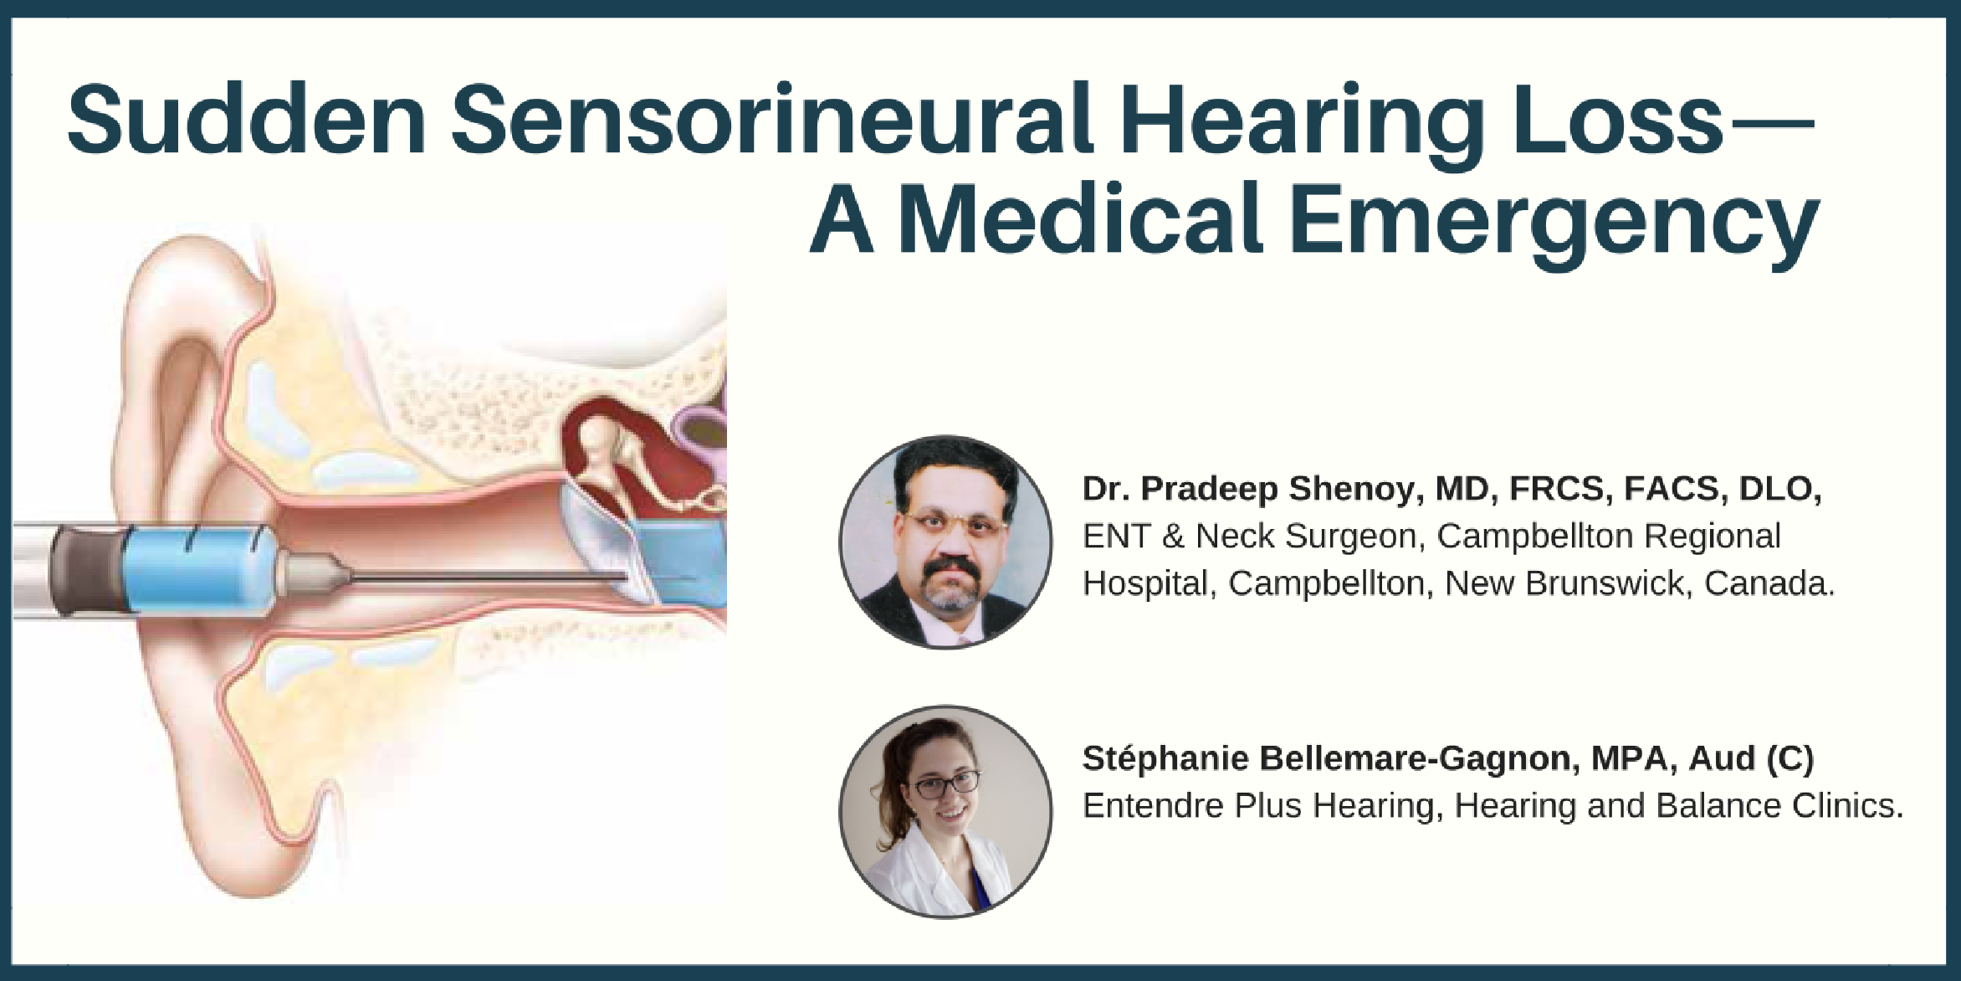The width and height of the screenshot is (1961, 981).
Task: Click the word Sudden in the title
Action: pos(247,120)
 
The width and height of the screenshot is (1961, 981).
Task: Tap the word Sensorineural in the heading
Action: pos(772,120)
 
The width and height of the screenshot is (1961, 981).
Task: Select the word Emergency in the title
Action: pos(1555,218)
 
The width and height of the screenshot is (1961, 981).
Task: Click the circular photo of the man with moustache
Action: pos(945,542)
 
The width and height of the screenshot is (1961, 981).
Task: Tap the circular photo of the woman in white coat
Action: pos(945,811)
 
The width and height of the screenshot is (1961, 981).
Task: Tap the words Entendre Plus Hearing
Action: pos(1262,806)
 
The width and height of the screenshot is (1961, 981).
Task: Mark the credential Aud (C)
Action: pos(1751,758)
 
